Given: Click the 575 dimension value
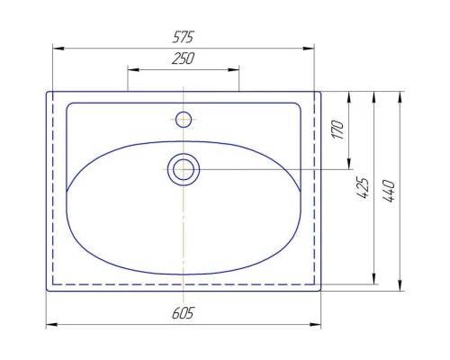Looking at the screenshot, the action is (184, 37).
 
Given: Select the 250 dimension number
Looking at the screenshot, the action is (183, 58).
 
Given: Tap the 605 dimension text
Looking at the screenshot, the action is (183, 313).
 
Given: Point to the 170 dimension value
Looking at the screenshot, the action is (337, 130).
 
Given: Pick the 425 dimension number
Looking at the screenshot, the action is (363, 188).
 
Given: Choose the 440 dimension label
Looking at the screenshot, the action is (389, 191).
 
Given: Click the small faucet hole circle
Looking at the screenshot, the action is (184, 120).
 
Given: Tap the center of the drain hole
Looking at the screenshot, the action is (184, 169).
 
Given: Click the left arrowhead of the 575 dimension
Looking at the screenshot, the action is (58, 49).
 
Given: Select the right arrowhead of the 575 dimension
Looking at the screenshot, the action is (309, 49).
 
